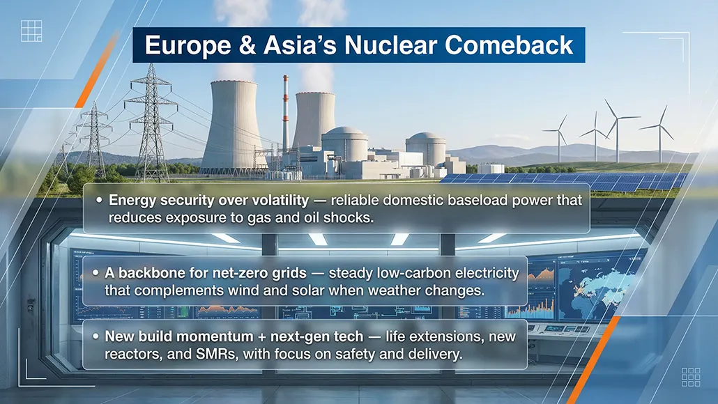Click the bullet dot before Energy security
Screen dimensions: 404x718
tap(100, 201)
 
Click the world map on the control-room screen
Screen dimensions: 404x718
tap(593, 279)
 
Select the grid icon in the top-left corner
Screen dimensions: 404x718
tap(31, 31)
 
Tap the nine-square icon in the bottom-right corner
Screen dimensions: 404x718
tap(690, 377)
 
